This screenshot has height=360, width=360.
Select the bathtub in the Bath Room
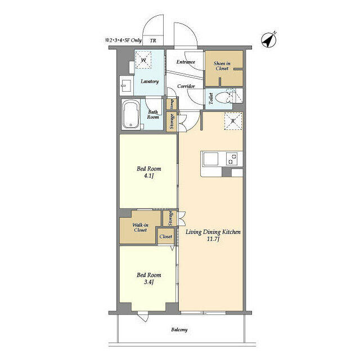pyautogui.click(x=130, y=114)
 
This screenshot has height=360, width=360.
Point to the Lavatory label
pyautogui.click(x=150, y=82)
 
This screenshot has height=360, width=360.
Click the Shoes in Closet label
pyautogui.click(x=222, y=66)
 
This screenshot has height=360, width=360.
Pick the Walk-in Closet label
pyautogui.click(x=140, y=227)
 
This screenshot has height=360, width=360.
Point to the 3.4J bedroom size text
pyautogui.click(x=149, y=282)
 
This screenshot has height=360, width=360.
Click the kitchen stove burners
pyautogui.click(x=232, y=159)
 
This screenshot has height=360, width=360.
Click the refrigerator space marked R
pyautogui.click(x=233, y=121)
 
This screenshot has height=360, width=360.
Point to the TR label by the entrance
pyautogui.click(x=152, y=40)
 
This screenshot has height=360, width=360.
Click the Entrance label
pyautogui.click(x=185, y=62)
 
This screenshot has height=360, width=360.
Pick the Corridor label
pyautogui.click(x=186, y=86)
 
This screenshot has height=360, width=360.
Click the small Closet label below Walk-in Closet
pyautogui.click(x=165, y=237)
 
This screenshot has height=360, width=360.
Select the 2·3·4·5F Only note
pyautogui.click(x=123, y=40)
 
